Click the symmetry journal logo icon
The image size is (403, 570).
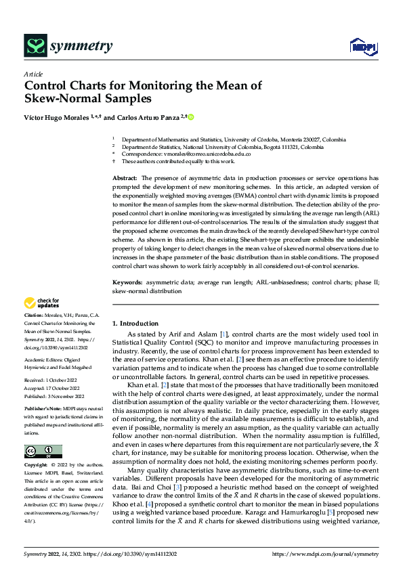click(35, 46)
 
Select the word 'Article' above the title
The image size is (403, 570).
click(33, 74)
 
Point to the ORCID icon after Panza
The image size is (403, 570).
click(191, 117)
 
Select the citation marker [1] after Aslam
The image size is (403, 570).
click(223, 335)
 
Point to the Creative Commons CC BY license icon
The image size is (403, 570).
click(43, 433)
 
